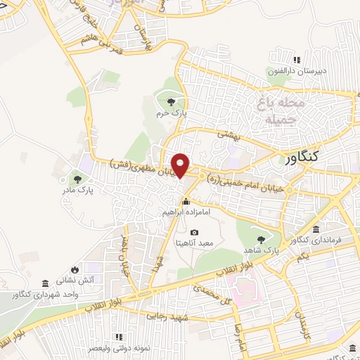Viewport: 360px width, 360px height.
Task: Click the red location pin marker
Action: coord(181,165)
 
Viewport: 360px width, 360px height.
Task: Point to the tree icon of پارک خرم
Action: coord(169,103)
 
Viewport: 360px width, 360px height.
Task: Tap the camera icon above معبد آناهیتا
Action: coord(194,232)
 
